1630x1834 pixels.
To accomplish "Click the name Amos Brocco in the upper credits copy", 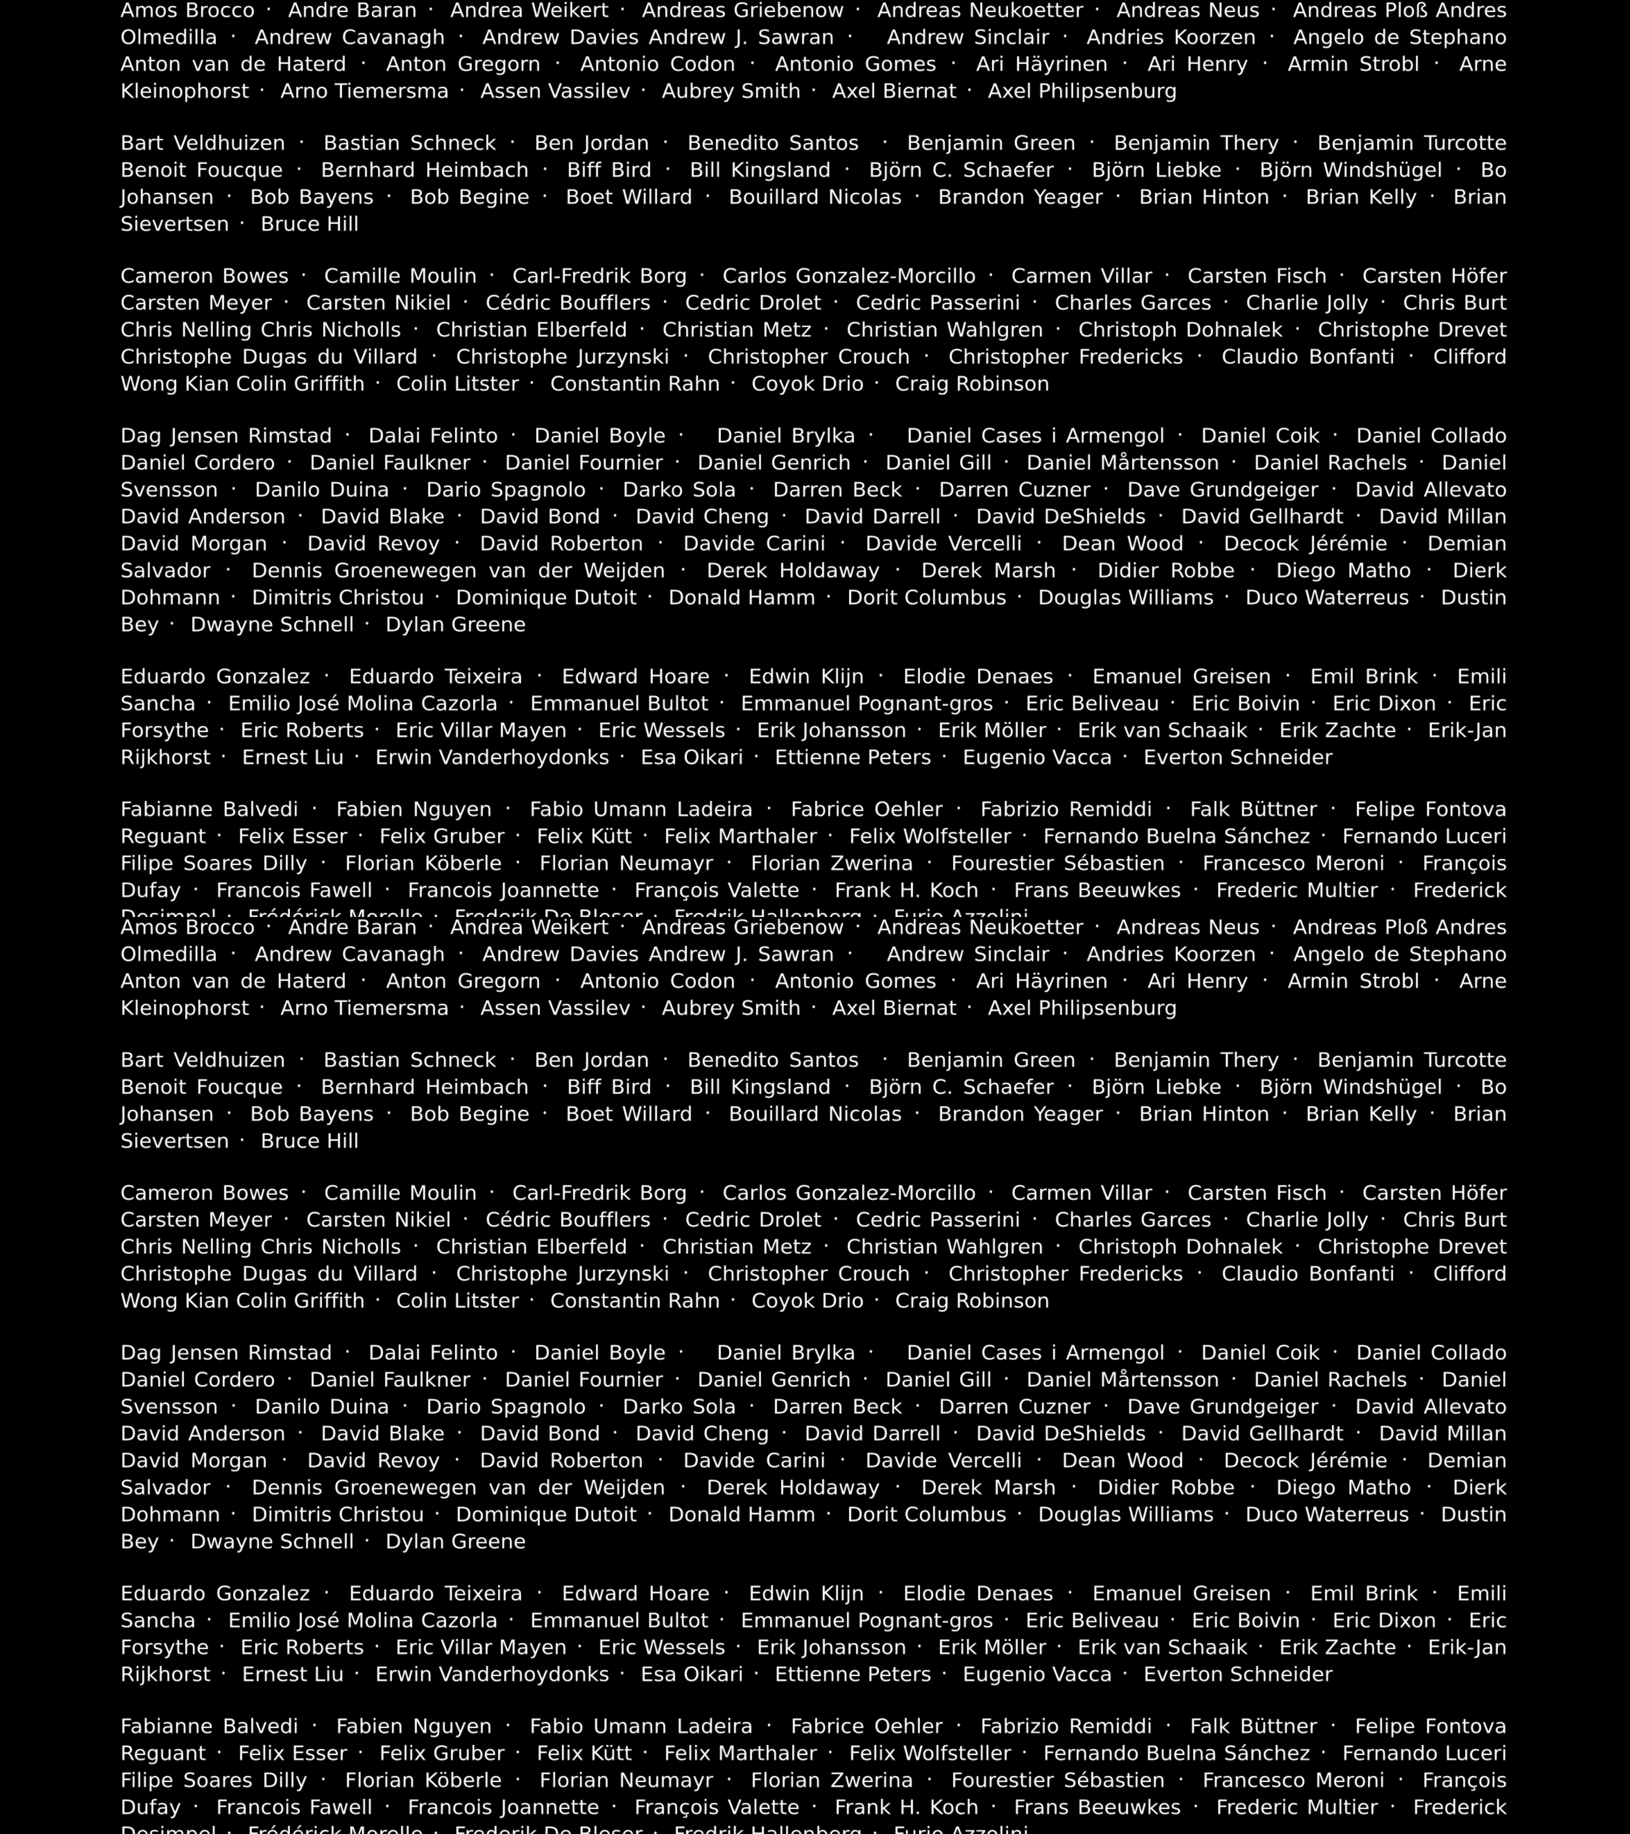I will click(187, 11).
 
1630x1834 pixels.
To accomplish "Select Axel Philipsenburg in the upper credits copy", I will click(1082, 92).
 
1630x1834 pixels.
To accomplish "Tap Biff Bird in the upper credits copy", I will click(609, 170).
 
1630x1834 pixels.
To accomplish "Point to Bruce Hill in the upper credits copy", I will click(309, 224).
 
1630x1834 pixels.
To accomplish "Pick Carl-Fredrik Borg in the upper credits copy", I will click(599, 276).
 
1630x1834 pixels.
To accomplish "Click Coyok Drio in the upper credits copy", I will click(807, 384).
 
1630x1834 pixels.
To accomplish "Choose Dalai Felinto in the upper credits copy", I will click(433, 436).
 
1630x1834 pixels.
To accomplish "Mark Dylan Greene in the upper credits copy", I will click(456, 624).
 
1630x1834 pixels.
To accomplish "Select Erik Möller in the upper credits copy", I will click(992, 730).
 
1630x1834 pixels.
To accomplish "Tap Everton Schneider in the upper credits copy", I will click(1238, 757).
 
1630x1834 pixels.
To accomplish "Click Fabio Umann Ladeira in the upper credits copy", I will click(641, 809).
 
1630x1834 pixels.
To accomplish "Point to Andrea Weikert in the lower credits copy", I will click(529, 928).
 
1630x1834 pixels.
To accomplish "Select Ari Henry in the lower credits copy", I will click(1198, 982).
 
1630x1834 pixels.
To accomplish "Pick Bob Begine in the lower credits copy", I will click(469, 1114).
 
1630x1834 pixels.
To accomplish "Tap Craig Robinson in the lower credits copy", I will click(971, 1301).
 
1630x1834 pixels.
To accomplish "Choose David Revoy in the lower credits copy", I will click(373, 1461).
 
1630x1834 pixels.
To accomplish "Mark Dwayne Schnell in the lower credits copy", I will click(272, 1541).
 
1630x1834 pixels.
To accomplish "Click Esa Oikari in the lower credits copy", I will click(692, 1674).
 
